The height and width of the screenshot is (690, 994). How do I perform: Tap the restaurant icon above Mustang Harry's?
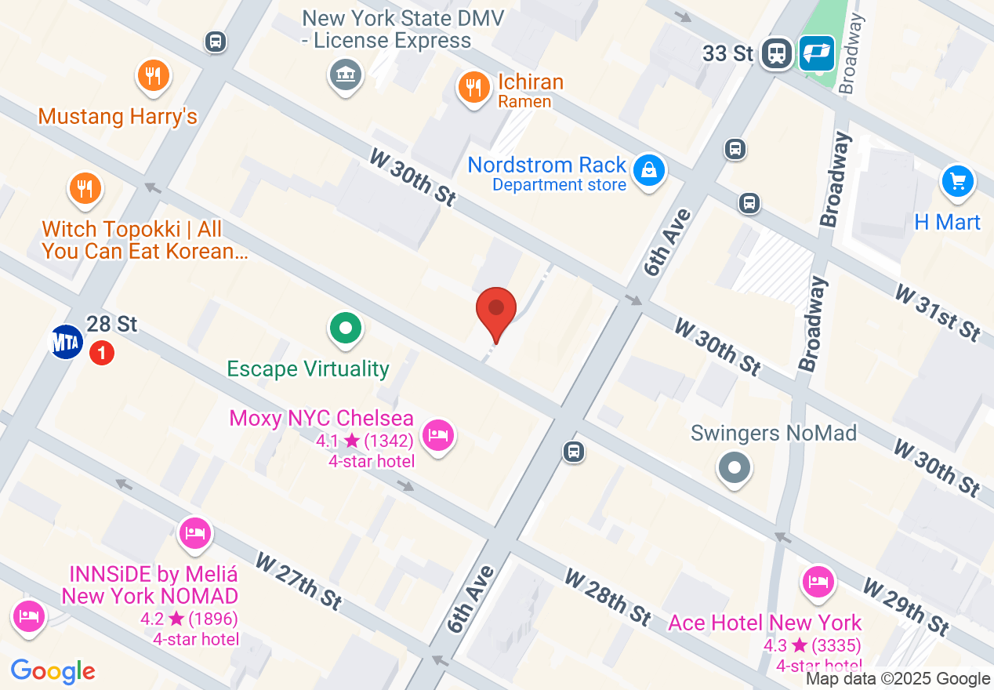[154, 76]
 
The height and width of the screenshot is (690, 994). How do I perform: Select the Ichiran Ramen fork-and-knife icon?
[473, 86]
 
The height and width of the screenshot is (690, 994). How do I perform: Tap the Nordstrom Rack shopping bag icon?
[649, 169]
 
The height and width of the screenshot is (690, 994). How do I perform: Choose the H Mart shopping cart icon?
[957, 182]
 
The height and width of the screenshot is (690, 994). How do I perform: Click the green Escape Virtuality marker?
[345, 327]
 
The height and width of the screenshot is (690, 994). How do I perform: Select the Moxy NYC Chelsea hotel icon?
[437, 434]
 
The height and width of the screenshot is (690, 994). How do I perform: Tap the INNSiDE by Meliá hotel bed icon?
[194, 533]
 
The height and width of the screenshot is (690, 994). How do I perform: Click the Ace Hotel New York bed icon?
[818, 581]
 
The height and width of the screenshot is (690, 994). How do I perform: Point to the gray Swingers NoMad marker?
[735, 468]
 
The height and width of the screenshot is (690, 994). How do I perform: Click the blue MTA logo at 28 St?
[67, 342]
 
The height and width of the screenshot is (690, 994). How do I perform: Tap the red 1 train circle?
[101, 353]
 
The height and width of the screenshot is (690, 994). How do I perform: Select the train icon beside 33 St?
[777, 53]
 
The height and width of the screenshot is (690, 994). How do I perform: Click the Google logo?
[53, 671]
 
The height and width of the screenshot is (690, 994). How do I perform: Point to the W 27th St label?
[298, 580]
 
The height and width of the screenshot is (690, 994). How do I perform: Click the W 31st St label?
[938, 312]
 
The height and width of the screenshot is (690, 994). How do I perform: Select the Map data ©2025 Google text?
[898, 679]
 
